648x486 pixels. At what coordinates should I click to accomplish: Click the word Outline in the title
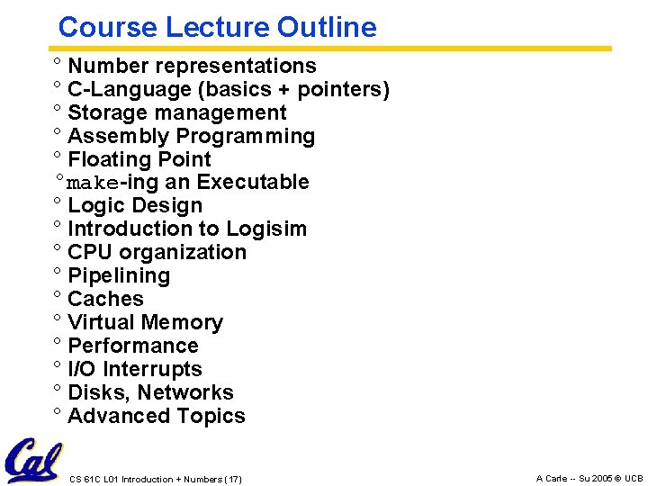point(327,27)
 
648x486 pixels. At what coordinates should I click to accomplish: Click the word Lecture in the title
point(218,27)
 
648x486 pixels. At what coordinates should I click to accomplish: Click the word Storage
point(103,112)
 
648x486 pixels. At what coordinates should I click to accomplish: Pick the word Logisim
point(266,229)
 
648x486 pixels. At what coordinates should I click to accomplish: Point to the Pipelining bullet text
point(119,275)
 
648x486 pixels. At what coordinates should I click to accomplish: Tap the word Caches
point(105,299)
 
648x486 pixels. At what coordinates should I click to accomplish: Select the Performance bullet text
point(133,346)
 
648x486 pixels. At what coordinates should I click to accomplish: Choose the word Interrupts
point(152,369)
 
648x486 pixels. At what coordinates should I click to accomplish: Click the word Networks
point(185,392)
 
